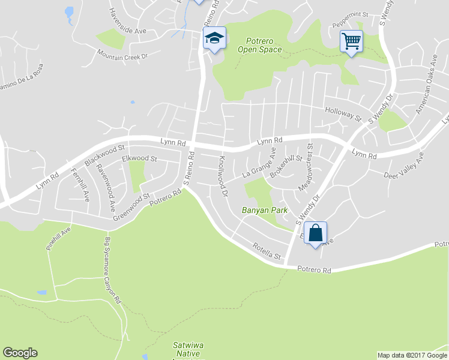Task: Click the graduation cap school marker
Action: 213,38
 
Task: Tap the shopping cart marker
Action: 351,42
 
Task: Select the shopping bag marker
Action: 315,233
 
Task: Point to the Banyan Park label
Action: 265,211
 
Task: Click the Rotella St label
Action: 267,251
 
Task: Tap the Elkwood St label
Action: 139,159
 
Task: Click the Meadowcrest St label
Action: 310,166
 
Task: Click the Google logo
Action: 20,353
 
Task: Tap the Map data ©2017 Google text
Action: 412,355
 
